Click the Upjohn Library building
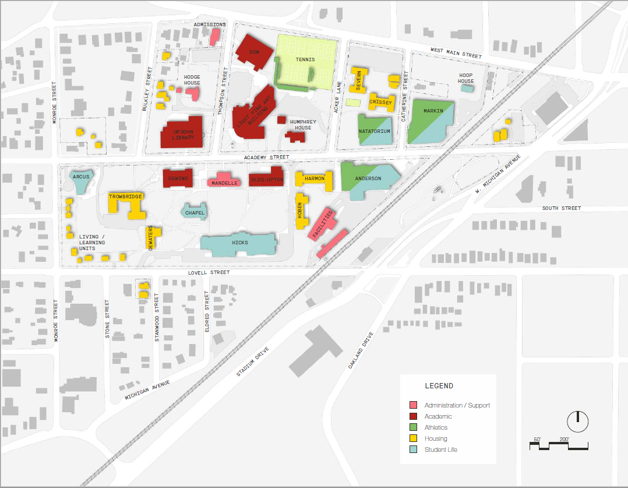coord(182,133)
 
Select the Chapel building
coord(195,213)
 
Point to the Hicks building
coord(239,244)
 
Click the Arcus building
coord(80,181)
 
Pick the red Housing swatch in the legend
coord(413,438)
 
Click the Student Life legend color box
coord(413,450)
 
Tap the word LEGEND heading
coord(439,386)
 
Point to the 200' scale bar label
coord(564,439)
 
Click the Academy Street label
coord(266,157)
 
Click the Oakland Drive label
coord(359,351)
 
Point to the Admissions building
coord(214,37)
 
